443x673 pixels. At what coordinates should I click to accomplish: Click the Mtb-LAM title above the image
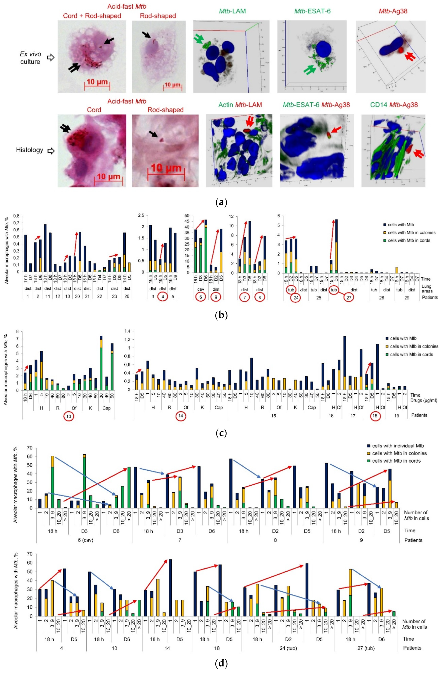click(x=232, y=11)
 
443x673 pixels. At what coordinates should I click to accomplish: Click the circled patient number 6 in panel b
click(x=201, y=297)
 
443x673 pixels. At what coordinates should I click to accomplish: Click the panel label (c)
click(x=221, y=432)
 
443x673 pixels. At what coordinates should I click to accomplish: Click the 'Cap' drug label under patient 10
click(x=107, y=408)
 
